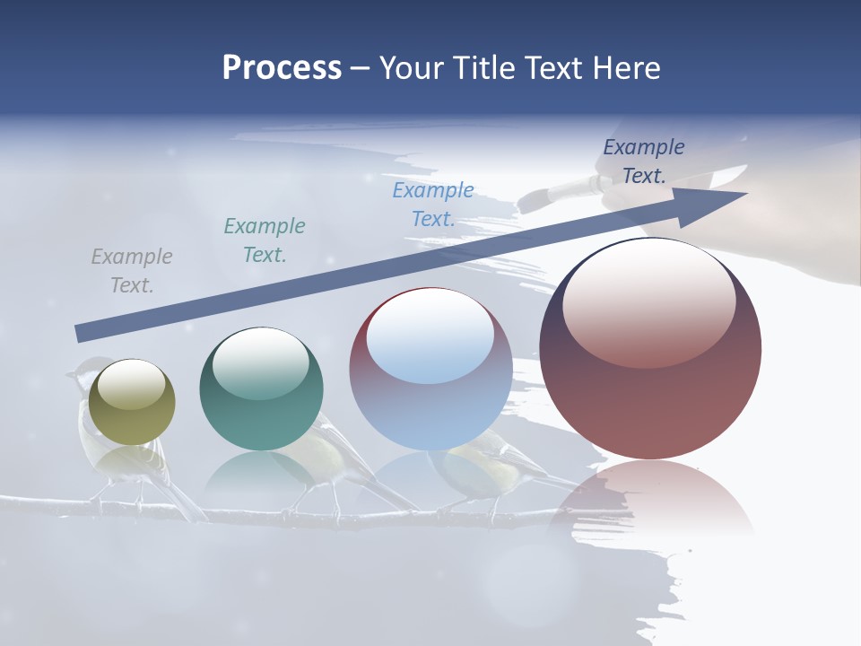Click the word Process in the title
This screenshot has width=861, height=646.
pos(282,68)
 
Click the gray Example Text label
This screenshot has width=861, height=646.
pos(132,271)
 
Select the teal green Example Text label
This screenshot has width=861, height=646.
pos(265,240)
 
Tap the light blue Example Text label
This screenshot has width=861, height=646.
pos(433,205)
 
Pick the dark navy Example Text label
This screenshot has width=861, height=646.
pos(644,161)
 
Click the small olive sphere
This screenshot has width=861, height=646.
pos(133,402)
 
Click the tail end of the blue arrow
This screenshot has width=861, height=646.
pos(81,334)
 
